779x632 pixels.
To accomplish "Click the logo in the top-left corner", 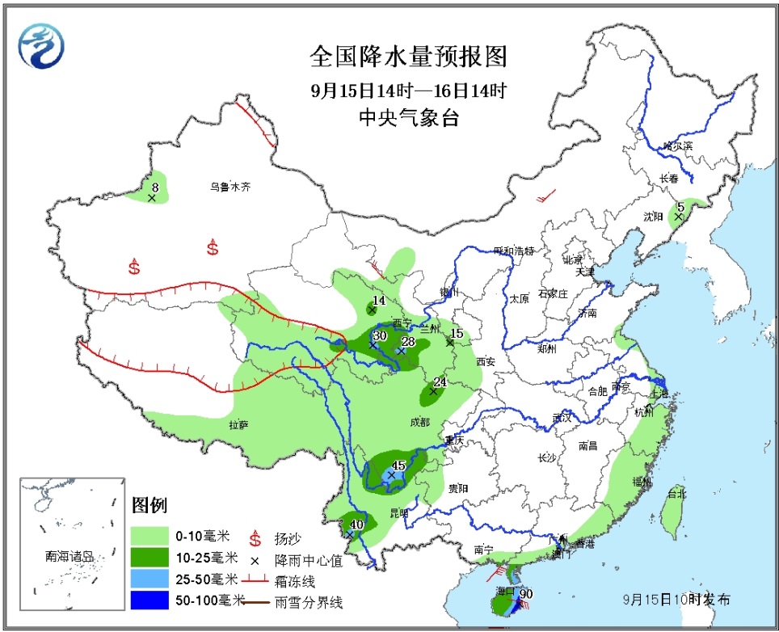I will click(x=40, y=46).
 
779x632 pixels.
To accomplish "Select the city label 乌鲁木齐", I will click(x=230, y=187).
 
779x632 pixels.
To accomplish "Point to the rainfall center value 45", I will click(x=398, y=466).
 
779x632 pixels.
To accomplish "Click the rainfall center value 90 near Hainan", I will click(x=527, y=594).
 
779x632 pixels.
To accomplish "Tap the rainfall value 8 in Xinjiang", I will click(x=155, y=187).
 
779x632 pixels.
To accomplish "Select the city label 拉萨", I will click(x=238, y=423).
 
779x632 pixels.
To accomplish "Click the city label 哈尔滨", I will click(x=678, y=145).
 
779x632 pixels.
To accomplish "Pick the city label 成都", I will click(x=419, y=422).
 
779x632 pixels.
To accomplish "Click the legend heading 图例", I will click(x=149, y=506).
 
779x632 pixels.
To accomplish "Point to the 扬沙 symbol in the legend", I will click(x=255, y=537).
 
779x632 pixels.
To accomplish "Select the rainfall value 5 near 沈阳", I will click(x=680, y=207).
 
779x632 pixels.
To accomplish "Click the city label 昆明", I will click(x=399, y=512).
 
